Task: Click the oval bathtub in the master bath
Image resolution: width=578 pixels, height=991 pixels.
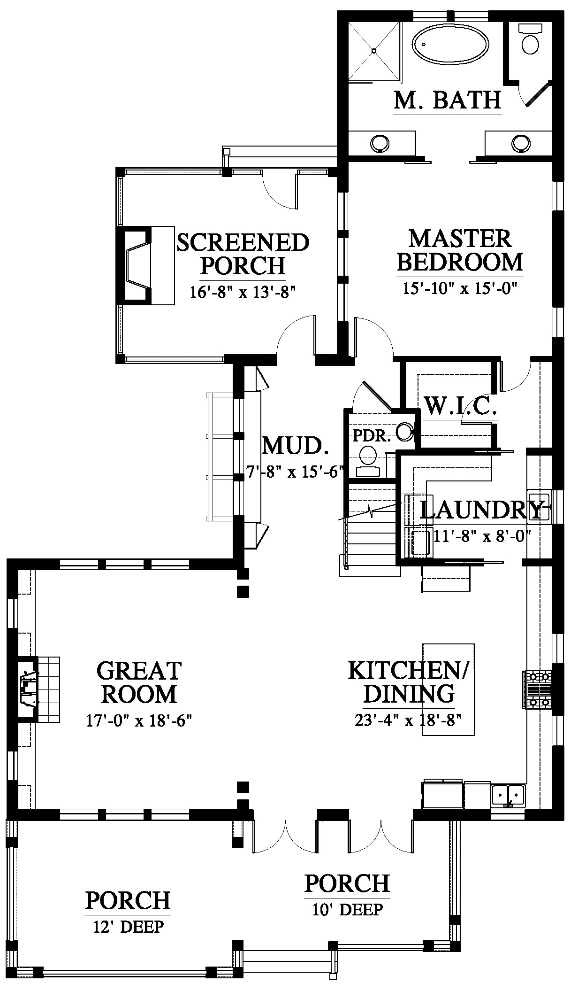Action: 450,43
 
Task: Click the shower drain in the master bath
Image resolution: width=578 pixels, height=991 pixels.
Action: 374,51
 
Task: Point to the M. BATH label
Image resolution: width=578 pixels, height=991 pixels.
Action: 448,100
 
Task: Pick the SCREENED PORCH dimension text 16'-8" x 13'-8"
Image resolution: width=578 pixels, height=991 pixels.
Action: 243,292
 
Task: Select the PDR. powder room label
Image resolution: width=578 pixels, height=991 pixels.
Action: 372,435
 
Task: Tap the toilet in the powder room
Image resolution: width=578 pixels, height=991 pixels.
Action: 368,461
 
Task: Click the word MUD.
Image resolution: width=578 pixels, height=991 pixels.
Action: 295,446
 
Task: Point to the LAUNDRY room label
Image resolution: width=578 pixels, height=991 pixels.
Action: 484,510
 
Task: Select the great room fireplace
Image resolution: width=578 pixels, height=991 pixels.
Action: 28,689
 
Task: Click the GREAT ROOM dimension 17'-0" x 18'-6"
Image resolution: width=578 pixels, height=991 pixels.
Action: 139,720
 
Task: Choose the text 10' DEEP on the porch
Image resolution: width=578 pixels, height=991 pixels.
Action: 348,909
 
